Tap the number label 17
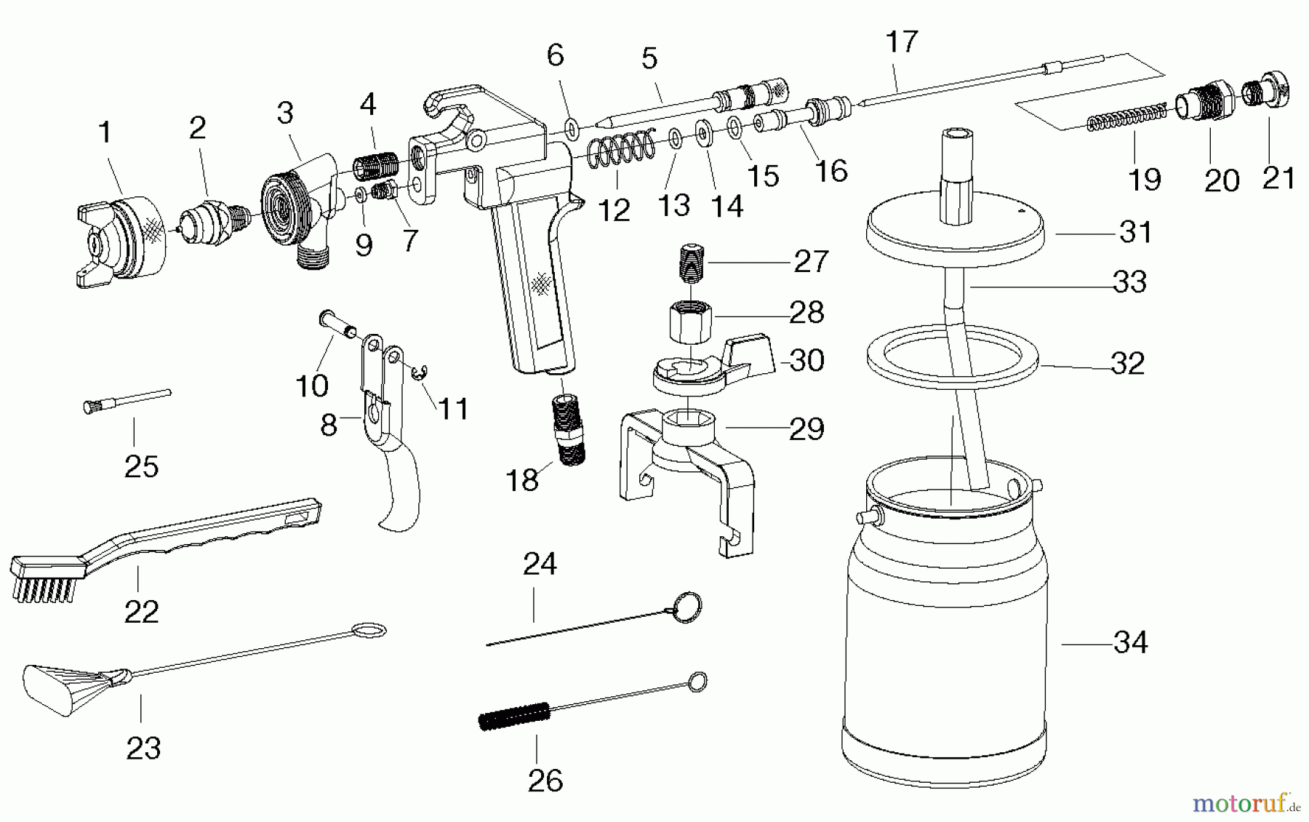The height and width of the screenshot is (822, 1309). (901, 41)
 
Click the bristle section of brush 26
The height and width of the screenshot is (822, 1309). (513, 717)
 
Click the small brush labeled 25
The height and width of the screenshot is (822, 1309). (127, 400)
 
